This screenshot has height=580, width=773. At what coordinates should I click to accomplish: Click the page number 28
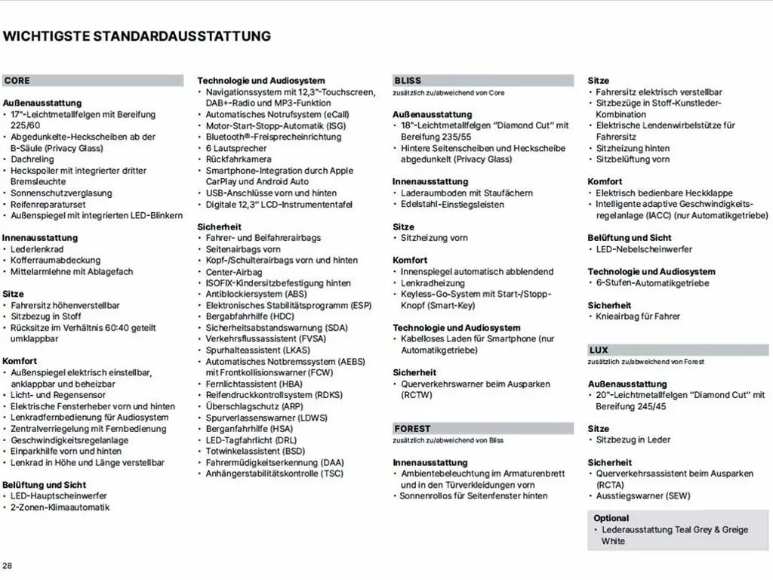pyautogui.click(x=8, y=566)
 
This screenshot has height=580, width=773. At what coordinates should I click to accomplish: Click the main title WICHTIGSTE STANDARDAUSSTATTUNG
pyautogui.click(x=137, y=35)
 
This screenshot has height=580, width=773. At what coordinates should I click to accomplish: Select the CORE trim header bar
pyautogui.click(x=93, y=81)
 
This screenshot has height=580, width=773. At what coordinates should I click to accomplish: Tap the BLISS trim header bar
pyautogui.click(x=483, y=81)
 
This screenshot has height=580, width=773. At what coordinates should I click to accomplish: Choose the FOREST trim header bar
pyautogui.click(x=483, y=428)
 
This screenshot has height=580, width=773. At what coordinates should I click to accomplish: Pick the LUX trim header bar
pyautogui.click(x=678, y=350)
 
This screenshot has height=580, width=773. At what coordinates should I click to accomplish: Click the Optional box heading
pyautogui.click(x=611, y=518)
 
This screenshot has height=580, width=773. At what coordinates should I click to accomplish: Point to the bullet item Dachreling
pyautogui.click(x=32, y=159)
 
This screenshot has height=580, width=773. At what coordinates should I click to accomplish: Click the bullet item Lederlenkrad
pyautogui.click(x=37, y=249)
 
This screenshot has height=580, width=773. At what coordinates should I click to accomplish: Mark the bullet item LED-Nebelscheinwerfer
pyautogui.click(x=644, y=249)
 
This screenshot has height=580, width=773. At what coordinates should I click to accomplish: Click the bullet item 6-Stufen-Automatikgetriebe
pyautogui.click(x=652, y=282)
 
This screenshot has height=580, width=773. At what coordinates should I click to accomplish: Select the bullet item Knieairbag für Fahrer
pyautogui.click(x=638, y=316)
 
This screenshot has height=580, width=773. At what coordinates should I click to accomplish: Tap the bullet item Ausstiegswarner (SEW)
pyautogui.click(x=642, y=496)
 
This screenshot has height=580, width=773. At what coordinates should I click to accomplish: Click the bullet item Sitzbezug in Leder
pyautogui.click(x=633, y=440)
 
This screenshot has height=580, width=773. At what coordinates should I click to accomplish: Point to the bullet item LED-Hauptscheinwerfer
pyautogui.click(x=59, y=496)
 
